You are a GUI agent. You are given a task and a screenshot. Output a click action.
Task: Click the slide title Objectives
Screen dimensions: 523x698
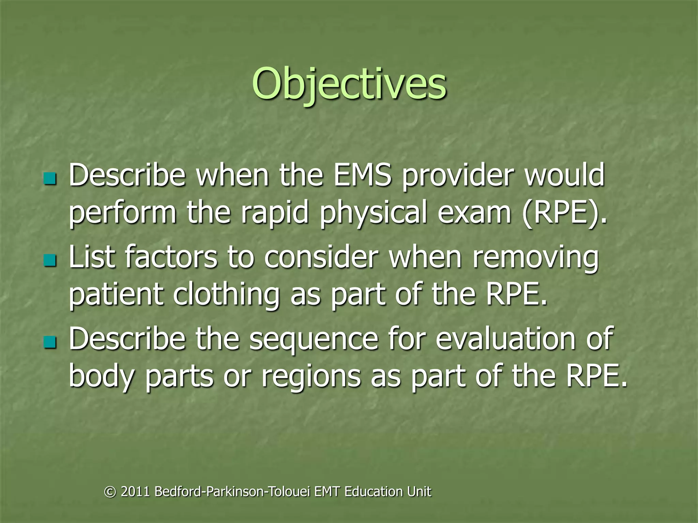tap(349, 83)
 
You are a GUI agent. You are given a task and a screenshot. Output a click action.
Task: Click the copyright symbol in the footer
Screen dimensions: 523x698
tap(110, 492)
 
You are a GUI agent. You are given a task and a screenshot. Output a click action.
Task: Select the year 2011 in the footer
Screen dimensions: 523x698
tap(135, 492)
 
